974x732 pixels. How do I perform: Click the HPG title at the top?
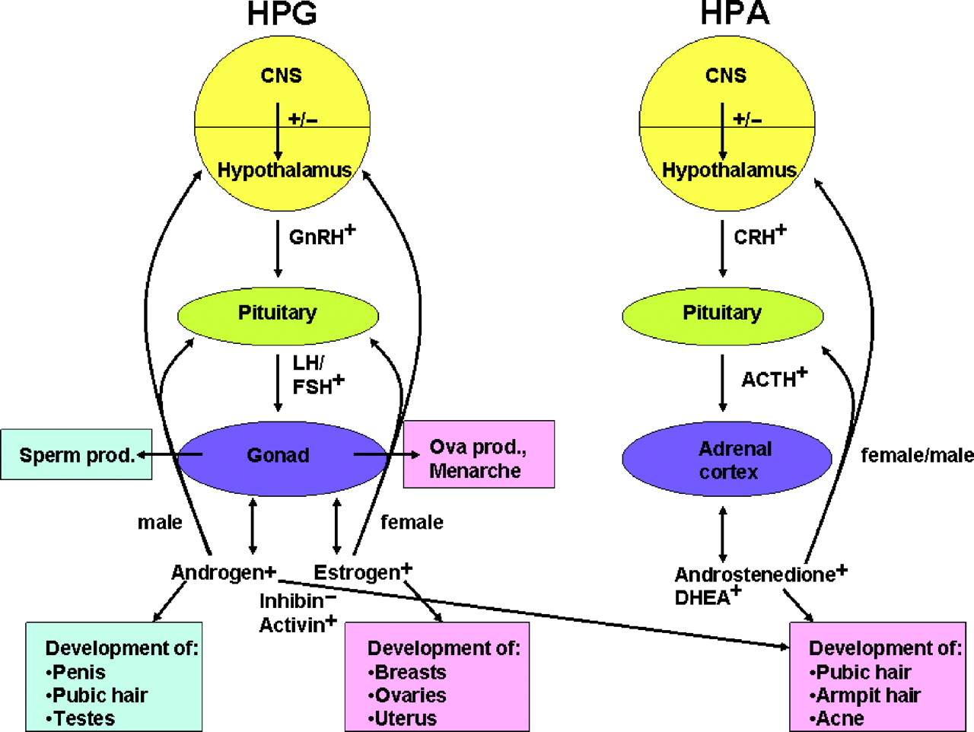click(x=282, y=14)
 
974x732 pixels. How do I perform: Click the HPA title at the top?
click(x=734, y=14)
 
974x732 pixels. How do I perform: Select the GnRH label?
click(x=317, y=237)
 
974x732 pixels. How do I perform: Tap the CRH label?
click(x=755, y=237)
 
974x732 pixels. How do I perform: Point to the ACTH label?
click(x=769, y=379)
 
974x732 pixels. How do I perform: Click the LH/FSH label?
click(x=313, y=375)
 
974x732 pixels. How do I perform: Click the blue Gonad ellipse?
click(x=279, y=455)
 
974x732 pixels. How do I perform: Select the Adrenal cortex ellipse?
click(x=727, y=460)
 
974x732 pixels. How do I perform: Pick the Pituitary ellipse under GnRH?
click(x=278, y=313)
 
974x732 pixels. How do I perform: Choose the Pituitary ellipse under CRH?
click(x=722, y=313)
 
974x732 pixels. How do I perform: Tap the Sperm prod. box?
click(x=76, y=455)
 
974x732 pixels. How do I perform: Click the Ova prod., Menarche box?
click(x=479, y=458)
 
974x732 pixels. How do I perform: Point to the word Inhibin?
click(x=291, y=601)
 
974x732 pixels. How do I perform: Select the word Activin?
click(x=292, y=625)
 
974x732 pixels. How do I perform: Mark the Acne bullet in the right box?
click(x=837, y=718)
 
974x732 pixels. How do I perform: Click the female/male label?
click(x=916, y=455)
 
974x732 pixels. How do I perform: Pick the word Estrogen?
click(x=357, y=572)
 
